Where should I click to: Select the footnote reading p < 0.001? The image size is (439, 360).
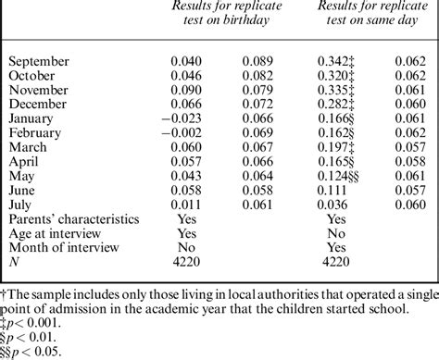point(36,324)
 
